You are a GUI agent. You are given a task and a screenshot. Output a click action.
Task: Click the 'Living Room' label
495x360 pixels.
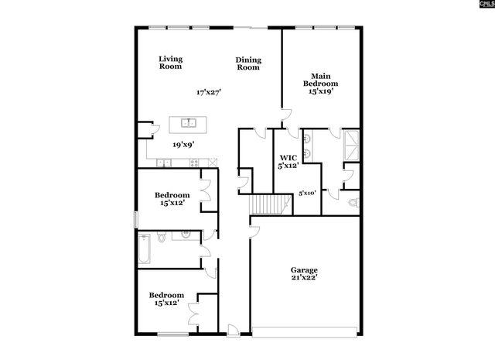[x=170, y=63]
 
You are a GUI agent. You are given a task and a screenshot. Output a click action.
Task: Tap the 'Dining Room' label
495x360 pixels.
[x=248, y=63]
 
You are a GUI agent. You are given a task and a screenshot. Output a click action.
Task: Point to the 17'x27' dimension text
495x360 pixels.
[x=209, y=92]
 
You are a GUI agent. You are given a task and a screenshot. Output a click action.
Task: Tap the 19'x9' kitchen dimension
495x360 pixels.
[x=183, y=144]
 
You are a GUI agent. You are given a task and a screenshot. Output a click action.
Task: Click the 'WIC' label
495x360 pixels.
[x=288, y=157]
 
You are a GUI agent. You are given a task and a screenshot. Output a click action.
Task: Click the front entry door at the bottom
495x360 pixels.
[x=231, y=331]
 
